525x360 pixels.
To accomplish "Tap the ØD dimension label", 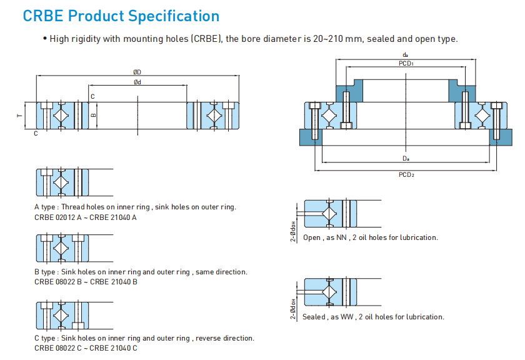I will click(x=137, y=72).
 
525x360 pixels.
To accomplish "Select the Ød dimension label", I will click(x=137, y=82).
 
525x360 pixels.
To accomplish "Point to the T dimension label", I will click(x=19, y=116).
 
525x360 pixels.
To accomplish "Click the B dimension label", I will click(x=93, y=115).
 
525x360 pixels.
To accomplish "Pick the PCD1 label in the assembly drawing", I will click(x=406, y=64).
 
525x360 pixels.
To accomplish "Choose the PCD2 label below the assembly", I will click(x=406, y=174).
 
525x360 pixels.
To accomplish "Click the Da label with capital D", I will click(x=406, y=159).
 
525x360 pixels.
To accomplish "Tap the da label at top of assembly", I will click(x=406, y=56).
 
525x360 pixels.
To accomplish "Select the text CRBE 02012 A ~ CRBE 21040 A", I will click(x=86, y=217).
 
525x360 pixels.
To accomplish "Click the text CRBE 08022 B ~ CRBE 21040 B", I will click(x=86, y=282).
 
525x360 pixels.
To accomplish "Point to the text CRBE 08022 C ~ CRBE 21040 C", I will click(x=86, y=347).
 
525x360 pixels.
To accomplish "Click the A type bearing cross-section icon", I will click(x=59, y=182).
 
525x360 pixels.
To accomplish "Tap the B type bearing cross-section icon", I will click(x=59, y=248).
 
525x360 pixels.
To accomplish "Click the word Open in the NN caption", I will click(x=312, y=237).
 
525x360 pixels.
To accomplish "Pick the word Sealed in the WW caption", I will click(x=314, y=317).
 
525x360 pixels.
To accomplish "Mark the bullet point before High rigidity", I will click(x=45, y=39).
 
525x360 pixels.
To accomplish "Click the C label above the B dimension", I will click(x=92, y=97).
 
